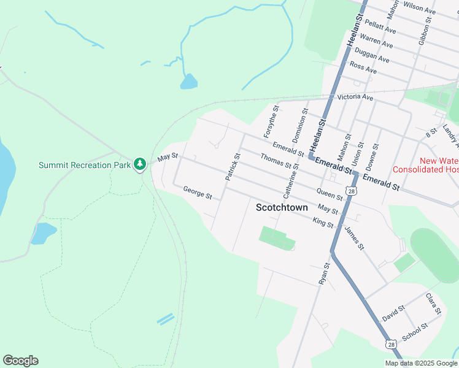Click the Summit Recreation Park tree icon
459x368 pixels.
pos(141,164)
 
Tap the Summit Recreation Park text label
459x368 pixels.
pos(85,165)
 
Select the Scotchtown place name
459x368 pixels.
pos(282,208)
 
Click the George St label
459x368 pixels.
pos(198,193)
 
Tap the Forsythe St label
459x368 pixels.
pos(271,121)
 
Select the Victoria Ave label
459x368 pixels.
pos(355,98)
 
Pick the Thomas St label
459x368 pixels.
pos(275,160)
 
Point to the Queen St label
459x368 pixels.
pos(330,194)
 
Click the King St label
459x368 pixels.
pos(323,222)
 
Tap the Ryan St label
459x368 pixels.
pos(325,273)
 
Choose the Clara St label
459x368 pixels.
pos(434,304)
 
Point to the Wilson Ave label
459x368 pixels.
pos(420,9)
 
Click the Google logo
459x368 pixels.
pos(20,361)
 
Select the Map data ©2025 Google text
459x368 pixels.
pos(420,363)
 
